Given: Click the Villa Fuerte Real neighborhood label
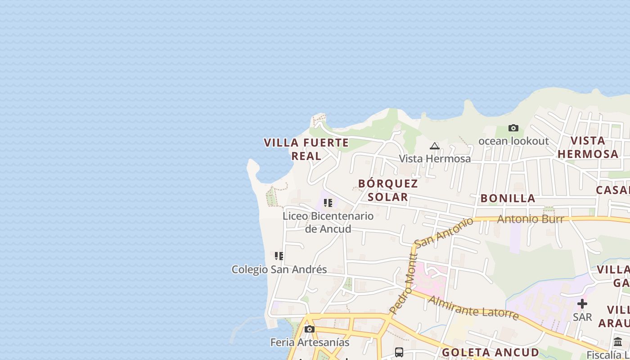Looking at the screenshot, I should point(306,149).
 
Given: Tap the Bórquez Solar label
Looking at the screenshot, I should point(388,190).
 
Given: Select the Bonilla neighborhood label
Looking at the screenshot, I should point(508,198).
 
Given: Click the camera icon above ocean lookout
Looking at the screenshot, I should point(513,128).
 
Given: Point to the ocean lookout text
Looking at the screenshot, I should point(513,141).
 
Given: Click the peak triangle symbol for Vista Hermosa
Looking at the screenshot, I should point(434,146).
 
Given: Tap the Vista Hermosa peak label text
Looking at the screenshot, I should point(435,159).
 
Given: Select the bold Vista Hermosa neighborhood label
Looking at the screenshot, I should point(588,147).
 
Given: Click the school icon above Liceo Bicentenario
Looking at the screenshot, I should point(328,203).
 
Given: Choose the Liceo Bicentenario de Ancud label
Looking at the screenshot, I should point(328,222).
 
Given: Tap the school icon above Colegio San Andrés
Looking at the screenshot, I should point(279,256).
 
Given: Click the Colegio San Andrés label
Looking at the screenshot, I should point(279,270).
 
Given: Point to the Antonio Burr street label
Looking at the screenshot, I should point(530,219).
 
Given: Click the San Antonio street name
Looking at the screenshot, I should point(444,232).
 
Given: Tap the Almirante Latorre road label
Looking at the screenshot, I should point(473,307).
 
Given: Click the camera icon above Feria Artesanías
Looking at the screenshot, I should point(310,329).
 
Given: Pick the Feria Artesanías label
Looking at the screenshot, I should point(310,342).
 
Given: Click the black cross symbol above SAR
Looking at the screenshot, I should point(582,304).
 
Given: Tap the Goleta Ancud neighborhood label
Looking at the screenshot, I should point(490,352).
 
